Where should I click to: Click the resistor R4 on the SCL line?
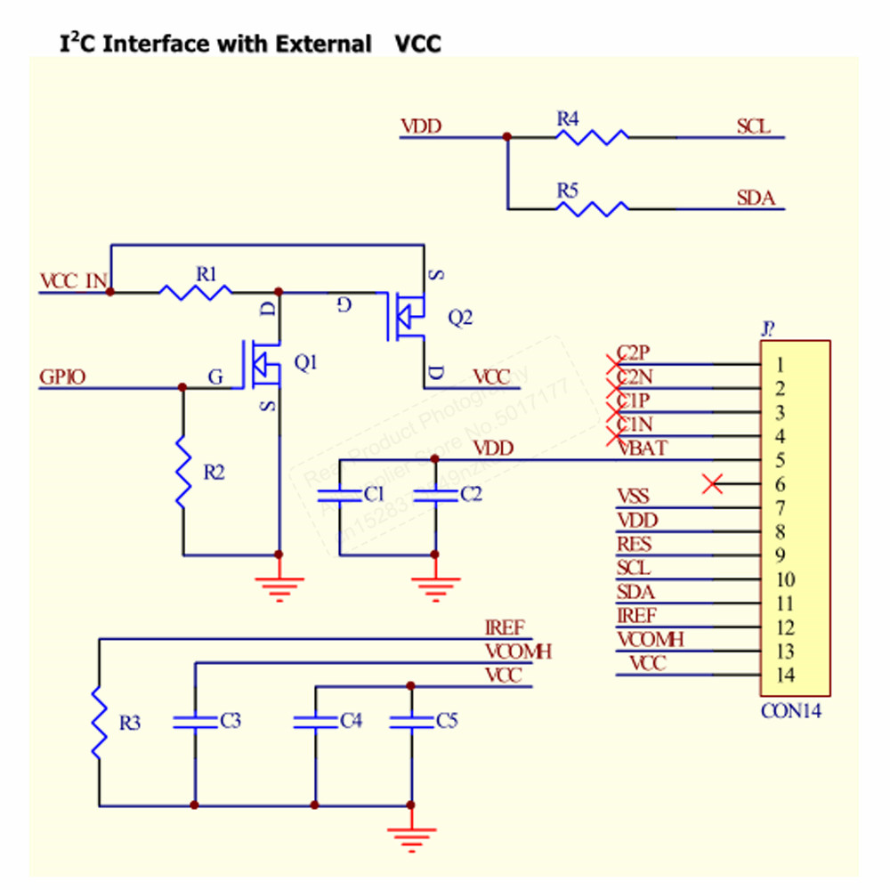tap(592, 137)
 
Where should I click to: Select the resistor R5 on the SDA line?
tap(592, 209)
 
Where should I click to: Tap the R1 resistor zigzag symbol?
tap(196, 290)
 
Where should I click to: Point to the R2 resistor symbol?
tap(183, 472)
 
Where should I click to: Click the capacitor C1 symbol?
tap(342, 494)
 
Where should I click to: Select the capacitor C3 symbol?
tap(195, 721)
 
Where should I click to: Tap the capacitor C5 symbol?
tap(411, 721)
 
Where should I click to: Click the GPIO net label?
tap(62, 377)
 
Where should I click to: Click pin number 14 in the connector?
tap(784, 675)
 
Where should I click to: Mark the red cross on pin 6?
tap(712, 484)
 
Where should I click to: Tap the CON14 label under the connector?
tap(791, 711)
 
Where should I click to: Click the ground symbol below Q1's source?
tap(279, 587)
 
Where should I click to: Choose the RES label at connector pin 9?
tap(634, 545)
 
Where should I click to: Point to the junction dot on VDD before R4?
tap(506, 137)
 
